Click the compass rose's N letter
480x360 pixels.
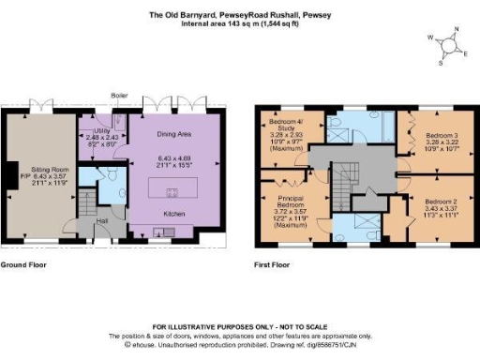456,40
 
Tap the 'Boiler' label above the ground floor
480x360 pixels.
119,96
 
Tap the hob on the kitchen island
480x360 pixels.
172,194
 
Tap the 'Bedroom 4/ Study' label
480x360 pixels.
288,127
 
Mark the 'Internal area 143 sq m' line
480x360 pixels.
239,23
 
